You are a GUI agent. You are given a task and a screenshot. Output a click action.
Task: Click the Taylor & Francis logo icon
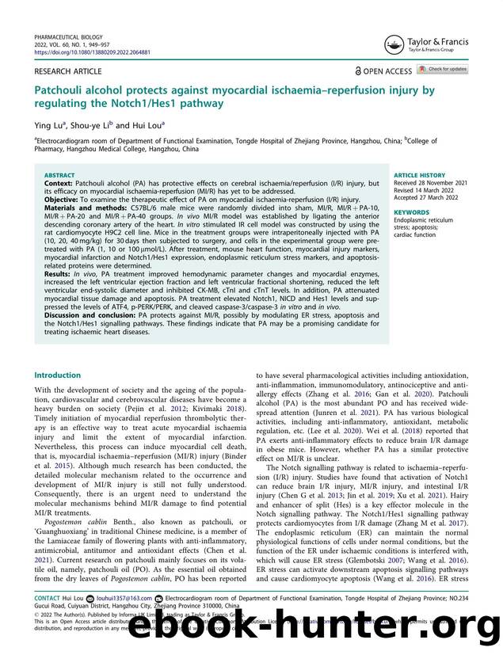[x=391, y=45]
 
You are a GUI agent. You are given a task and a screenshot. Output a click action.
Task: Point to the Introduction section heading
[x=57, y=375]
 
